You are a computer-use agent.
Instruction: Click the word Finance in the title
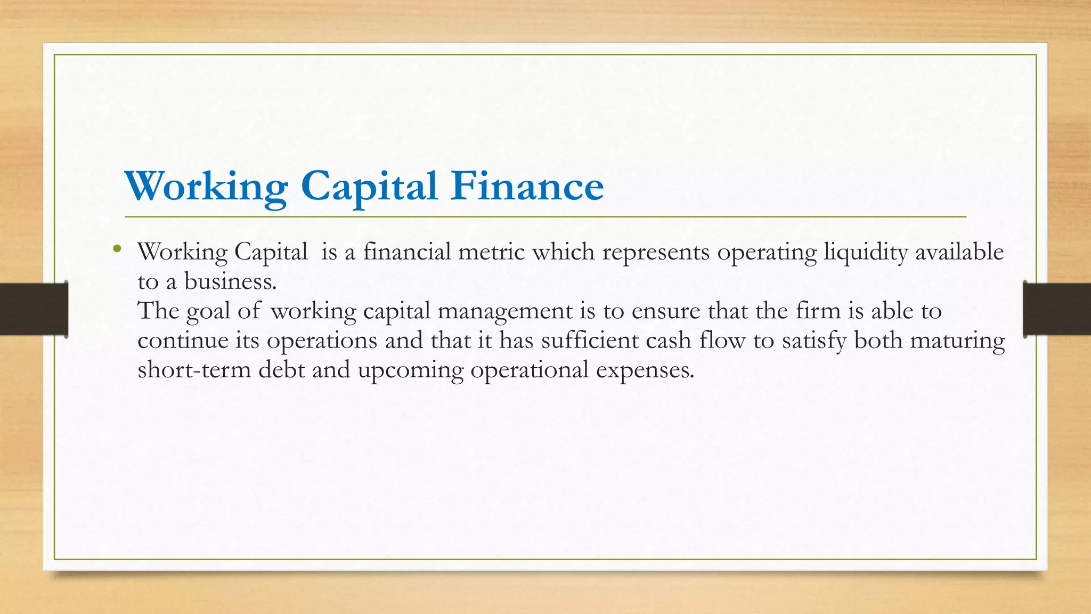tap(527, 186)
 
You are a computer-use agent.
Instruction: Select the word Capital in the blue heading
tap(369, 186)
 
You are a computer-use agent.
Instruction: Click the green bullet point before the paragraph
tap(117, 248)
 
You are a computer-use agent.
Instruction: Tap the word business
tap(230, 281)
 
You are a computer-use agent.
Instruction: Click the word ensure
tap(666, 311)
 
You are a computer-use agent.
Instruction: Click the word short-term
tap(194, 370)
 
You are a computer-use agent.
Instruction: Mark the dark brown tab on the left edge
tap(34, 309)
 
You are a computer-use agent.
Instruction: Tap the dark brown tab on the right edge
tap(1057, 309)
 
